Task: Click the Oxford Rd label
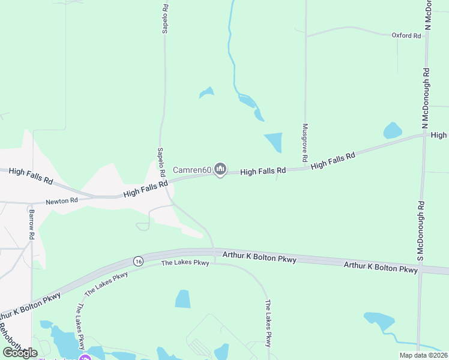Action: click(x=406, y=36)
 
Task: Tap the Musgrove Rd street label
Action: click(x=305, y=143)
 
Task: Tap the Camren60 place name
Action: click(x=192, y=170)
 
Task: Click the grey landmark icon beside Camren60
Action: click(x=220, y=170)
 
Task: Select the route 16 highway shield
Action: click(x=139, y=261)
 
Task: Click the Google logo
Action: click(x=20, y=353)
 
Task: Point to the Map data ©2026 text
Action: click(x=424, y=355)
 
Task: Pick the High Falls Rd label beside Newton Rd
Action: click(x=145, y=190)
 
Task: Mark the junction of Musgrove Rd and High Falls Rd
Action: click(x=305, y=169)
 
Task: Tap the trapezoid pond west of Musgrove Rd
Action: click(x=274, y=142)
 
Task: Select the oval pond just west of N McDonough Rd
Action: click(x=392, y=130)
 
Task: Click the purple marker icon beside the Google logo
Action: click(x=85, y=358)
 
